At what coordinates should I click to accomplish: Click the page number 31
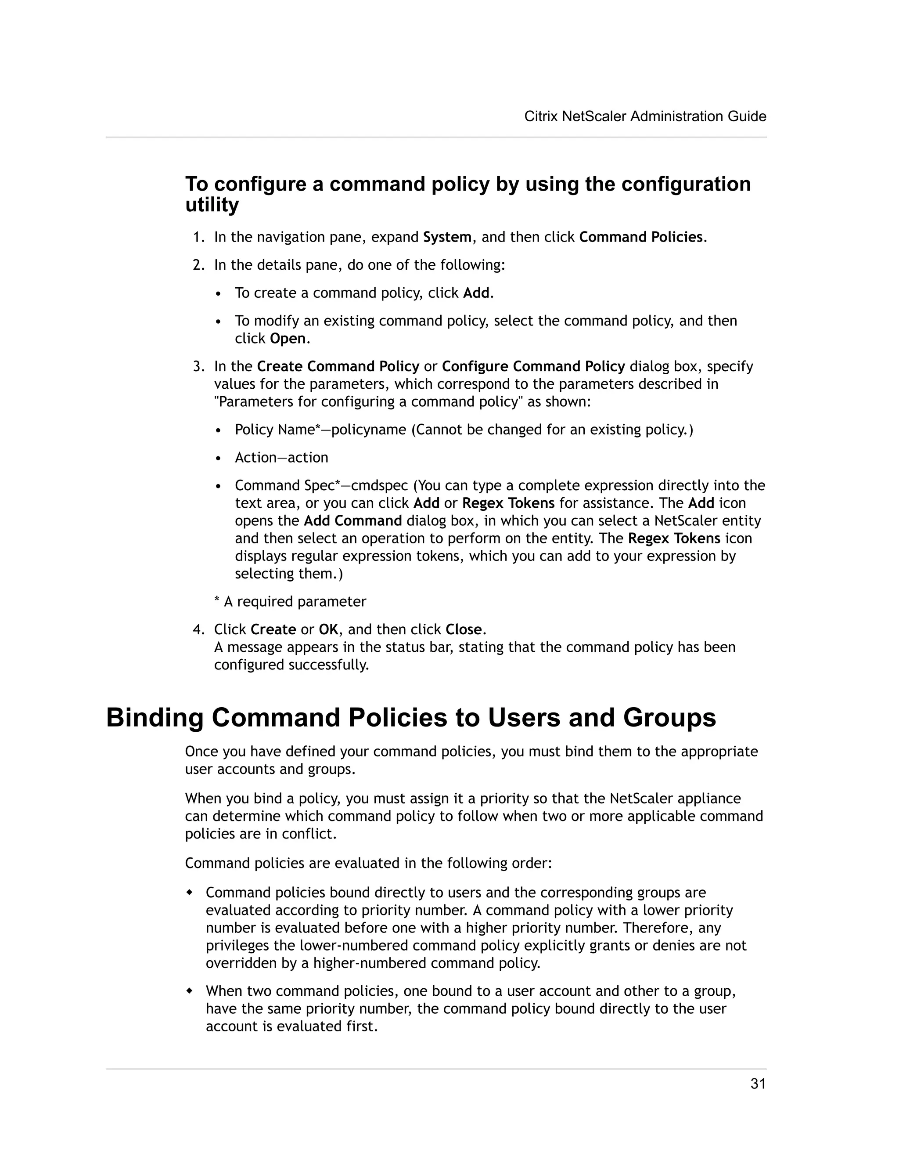tap(757, 1084)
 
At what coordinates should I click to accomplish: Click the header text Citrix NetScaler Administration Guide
tap(645, 116)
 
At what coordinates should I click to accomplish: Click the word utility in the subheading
tap(212, 205)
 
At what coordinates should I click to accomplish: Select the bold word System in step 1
tap(447, 237)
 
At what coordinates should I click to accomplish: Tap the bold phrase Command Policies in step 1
tap(641, 237)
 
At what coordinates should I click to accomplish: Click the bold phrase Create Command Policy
tap(338, 367)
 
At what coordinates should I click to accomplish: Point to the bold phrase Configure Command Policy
tap(533, 367)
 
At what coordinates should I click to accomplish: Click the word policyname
tap(369, 430)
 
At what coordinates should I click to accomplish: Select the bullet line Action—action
tap(281, 458)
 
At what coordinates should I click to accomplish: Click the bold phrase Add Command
tap(352, 521)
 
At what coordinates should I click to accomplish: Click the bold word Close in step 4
tap(464, 630)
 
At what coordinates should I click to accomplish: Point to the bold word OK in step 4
tap(328, 630)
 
